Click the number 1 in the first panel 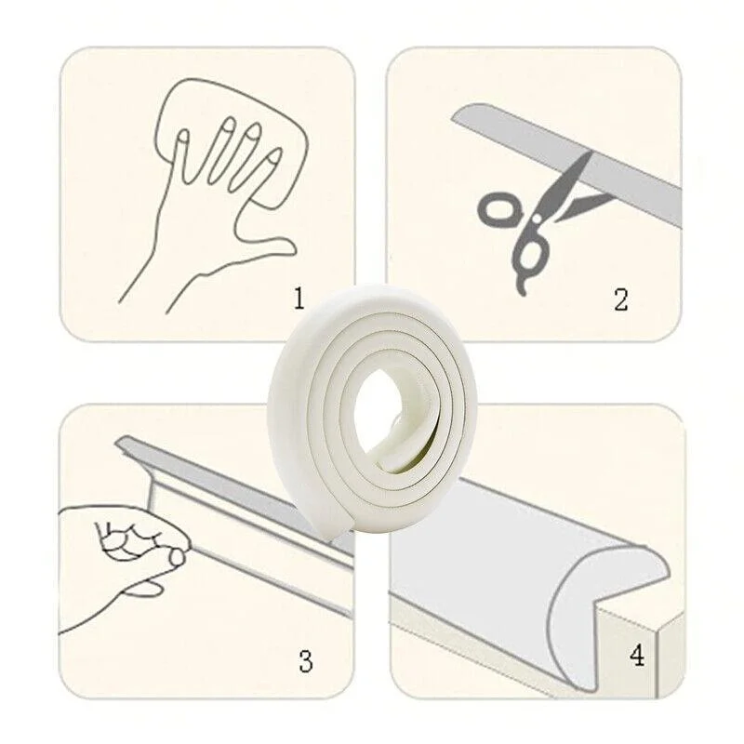(x=299, y=299)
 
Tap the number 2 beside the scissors (x=620, y=299)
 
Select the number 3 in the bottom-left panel (x=306, y=660)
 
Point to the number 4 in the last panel (x=637, y=657)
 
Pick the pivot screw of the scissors (x=537, y=220)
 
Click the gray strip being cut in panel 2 (x=567, y=164)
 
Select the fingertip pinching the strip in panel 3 (x=177, y=557)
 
